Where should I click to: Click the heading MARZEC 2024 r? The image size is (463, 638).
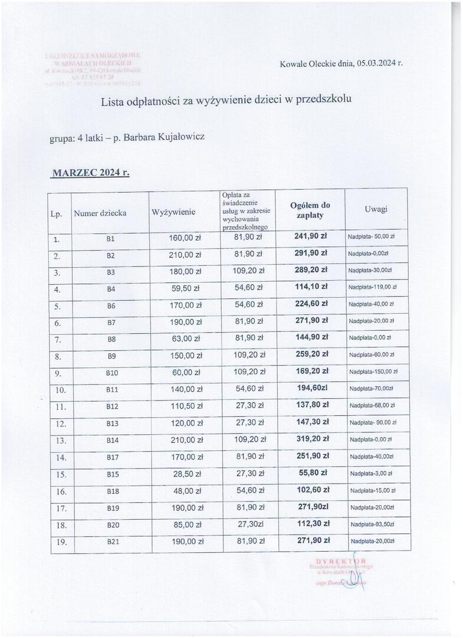(90, 173)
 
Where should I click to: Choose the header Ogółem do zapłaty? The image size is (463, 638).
(310, 210)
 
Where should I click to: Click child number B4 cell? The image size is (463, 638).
(110, 288)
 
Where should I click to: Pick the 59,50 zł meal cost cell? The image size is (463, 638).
(186, 288)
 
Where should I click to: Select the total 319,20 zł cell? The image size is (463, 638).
(311, 440)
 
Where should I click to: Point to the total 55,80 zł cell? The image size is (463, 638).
(311, 473)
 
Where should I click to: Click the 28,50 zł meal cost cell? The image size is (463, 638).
(186, 474)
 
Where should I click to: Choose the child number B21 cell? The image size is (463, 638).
(111, 541)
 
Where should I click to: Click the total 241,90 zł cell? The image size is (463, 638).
(311, 237)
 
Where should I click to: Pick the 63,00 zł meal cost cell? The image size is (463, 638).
(186, 338)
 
